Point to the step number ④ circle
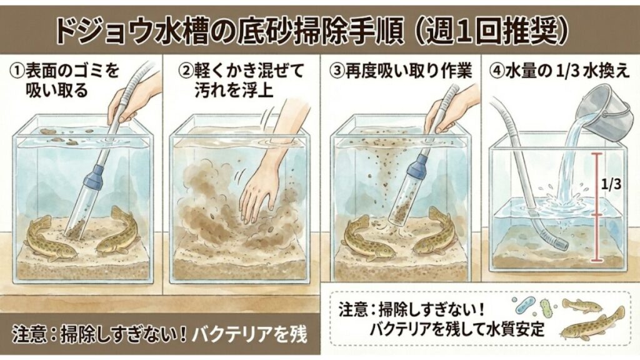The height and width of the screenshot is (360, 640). pyautogui.click(x=498, y=70)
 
